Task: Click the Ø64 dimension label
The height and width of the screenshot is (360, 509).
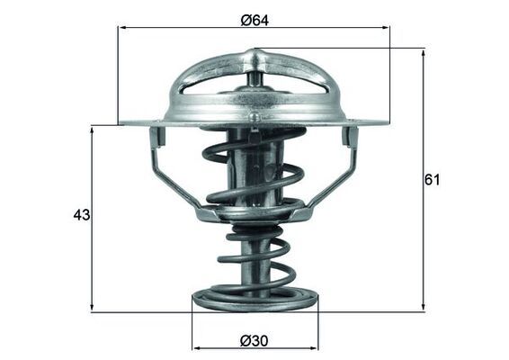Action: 255,20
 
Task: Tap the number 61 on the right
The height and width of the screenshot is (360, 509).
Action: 433,179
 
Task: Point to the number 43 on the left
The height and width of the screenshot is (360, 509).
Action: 82,215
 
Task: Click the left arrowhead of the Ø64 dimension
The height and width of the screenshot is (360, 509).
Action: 122,27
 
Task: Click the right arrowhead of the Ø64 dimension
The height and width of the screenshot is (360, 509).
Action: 386,27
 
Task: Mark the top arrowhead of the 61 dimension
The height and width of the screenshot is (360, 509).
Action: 423,53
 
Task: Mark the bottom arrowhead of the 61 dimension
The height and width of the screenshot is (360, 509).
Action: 423,308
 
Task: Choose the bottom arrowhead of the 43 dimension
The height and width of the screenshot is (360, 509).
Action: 93,308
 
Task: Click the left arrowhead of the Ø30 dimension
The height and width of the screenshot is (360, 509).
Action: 197,346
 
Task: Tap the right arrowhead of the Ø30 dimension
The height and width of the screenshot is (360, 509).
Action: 314,346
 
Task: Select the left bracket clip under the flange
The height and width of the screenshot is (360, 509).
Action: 157,138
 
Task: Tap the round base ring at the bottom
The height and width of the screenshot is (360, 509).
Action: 254,299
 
